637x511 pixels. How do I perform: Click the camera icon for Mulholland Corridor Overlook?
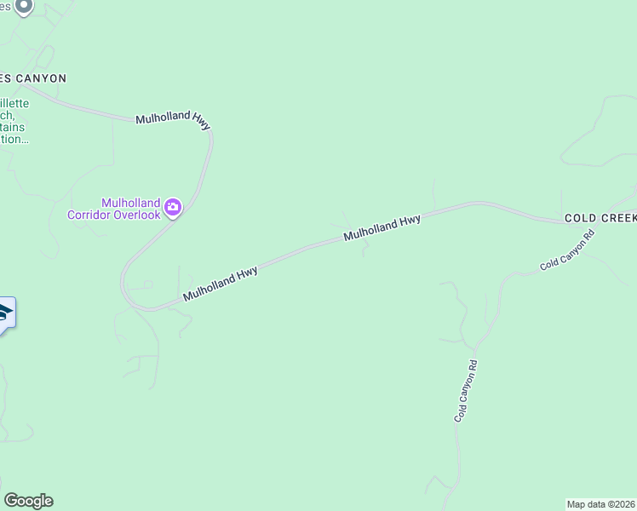coord(174,207)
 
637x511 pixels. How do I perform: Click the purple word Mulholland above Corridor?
coord(130,203)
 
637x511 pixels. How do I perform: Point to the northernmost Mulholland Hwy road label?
coord(173,120)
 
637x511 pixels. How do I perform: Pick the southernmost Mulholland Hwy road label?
coord(221,284)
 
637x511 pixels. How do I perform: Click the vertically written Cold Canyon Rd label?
coord(465,391)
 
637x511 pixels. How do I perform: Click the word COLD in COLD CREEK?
coord(581,219)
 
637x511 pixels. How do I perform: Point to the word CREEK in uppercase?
coord(619,219)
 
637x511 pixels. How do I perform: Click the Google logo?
coord(28,501)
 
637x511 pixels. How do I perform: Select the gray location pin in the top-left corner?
coord(24,7)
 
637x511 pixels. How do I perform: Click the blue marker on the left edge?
coord(4,313)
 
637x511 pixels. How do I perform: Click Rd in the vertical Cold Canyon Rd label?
coord(471,367)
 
